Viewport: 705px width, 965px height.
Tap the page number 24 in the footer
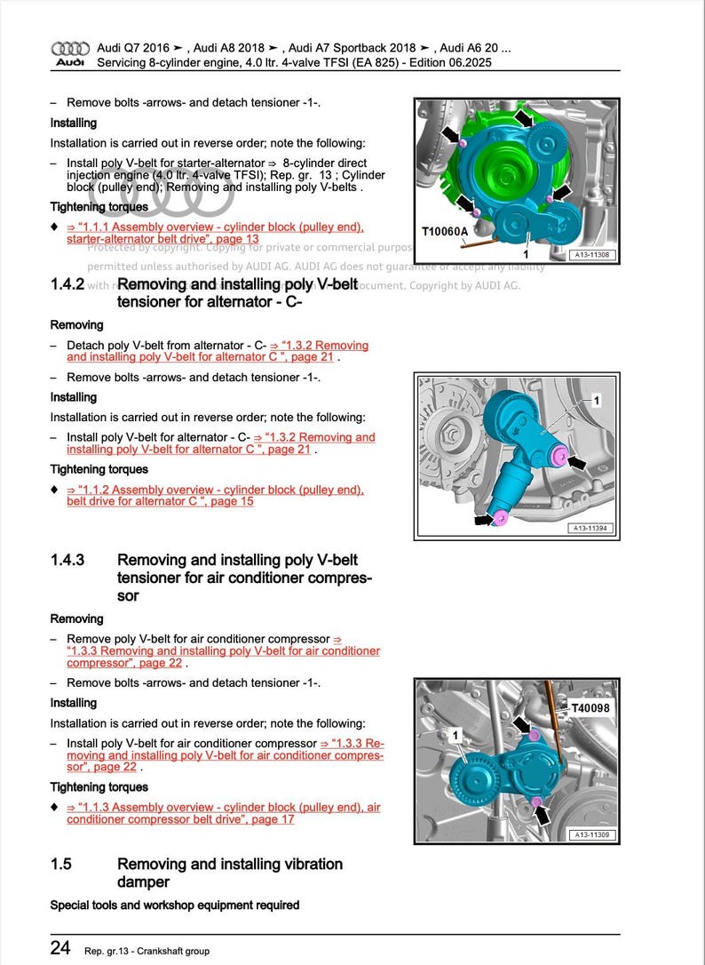(59, 948)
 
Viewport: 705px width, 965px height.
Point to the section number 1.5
(61, 865)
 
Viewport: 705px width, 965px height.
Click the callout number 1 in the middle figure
(597, 402)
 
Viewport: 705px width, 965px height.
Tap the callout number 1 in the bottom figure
(455, 736)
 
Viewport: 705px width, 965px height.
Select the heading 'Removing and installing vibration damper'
(229, 873)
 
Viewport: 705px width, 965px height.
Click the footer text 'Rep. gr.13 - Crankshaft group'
(147, 951)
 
